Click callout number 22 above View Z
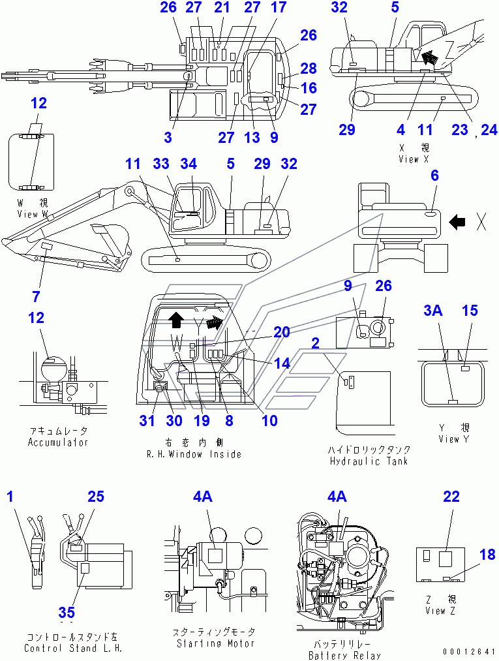coord(451,497)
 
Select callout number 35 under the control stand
coord(67,612)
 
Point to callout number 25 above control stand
coord(96,497)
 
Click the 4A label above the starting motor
coord(202,497)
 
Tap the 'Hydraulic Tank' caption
coord(369,461)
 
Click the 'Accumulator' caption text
coord(58,442)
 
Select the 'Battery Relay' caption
coord(344,655)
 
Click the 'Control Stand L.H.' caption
coord(72,648)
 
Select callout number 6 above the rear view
coord(434,175)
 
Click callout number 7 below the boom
coord(36,296)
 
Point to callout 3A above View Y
coord(433,311)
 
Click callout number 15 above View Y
coord(470,311)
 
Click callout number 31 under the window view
coord(147,421)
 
